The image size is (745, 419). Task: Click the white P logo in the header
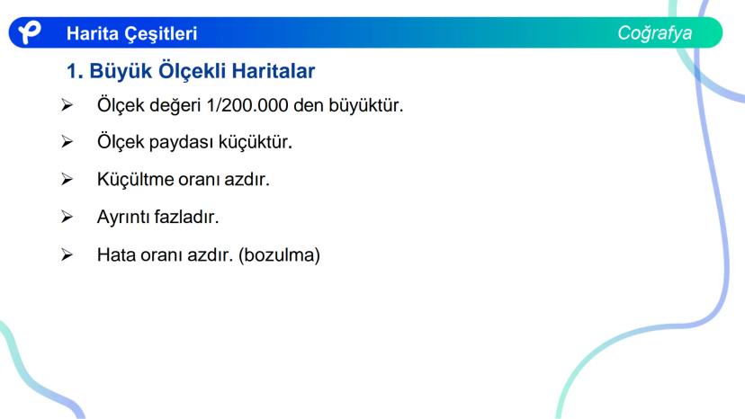(x=30, y=33)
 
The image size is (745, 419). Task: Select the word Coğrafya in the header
(x=654, y=33)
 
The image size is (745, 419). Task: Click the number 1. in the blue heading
(x=76, y=69)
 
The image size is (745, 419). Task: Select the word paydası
(x=184, y=141)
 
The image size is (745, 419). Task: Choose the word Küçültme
(x=135, y=179)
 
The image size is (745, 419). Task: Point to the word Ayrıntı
(x=123, y=217)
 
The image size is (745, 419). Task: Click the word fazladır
(x=188, y=217)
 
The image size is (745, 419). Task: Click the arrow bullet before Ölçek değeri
(x=67, y=105)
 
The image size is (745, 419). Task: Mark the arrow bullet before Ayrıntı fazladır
(x=67, y=217)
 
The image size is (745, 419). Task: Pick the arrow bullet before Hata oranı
(x=67, y=254)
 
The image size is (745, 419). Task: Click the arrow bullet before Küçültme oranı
(x=67, y=179)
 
